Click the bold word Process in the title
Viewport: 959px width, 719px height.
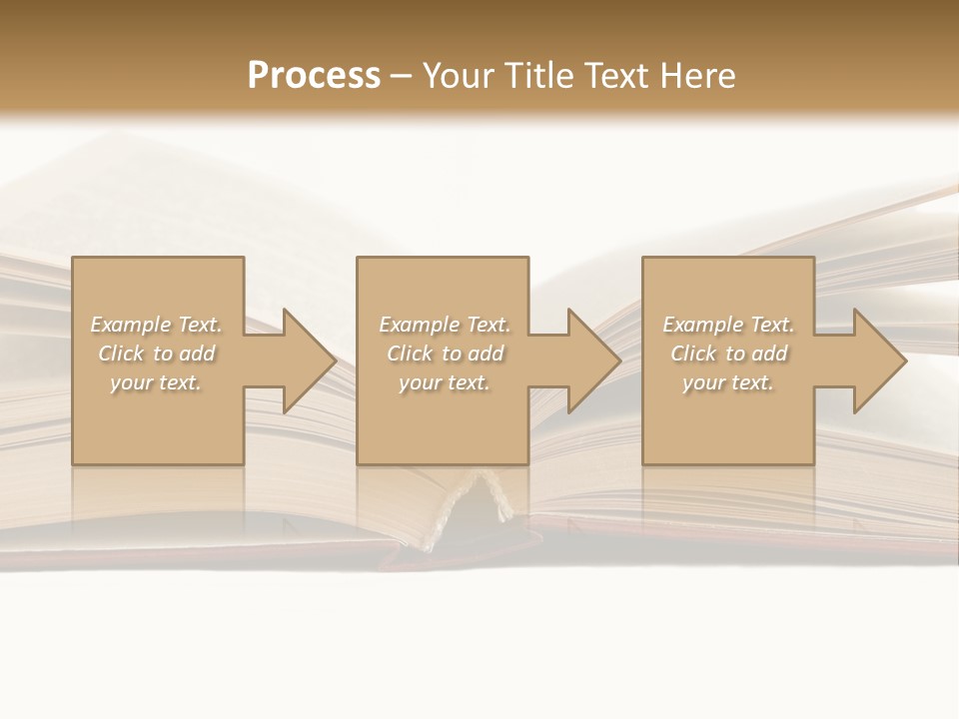tap(314, 76)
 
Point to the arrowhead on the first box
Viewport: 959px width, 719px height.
tap(306, 361)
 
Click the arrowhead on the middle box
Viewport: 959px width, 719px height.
tap(591, 361)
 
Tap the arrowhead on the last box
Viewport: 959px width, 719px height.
tap(877, 361)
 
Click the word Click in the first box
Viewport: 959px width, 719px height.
tap(121, 354)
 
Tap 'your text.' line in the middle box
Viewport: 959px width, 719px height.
tap(444, 382)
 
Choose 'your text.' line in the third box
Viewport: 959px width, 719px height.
tap(728, 382)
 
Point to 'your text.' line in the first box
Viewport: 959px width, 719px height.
tap(156, 382)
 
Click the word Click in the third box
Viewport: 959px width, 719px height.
tap(693, 354)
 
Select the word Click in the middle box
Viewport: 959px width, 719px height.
tap(410, 354)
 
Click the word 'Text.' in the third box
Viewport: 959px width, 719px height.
tap(771, 325)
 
